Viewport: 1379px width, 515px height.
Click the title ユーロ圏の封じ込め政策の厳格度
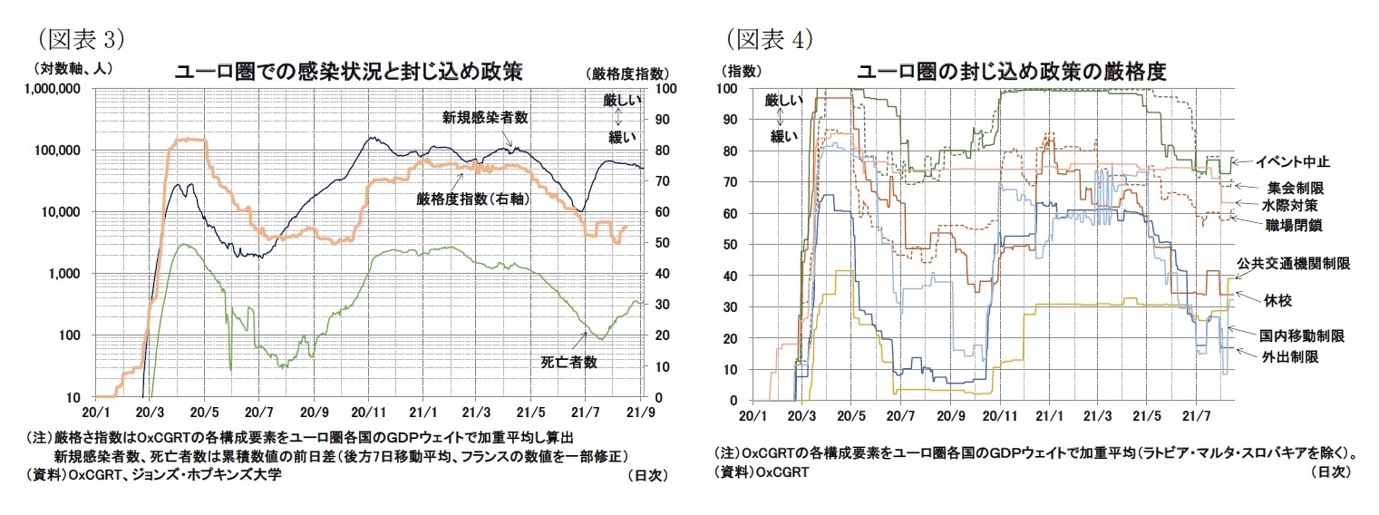(1011, 71)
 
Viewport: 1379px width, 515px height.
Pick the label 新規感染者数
(485, 117)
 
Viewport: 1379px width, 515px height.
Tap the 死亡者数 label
(571, 362)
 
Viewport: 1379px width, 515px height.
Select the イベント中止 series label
(1292, 161)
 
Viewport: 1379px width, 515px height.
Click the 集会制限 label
(1296, 187)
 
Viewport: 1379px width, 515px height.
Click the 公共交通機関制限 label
(1294, 264)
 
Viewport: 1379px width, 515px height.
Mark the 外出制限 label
(1287, 357)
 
